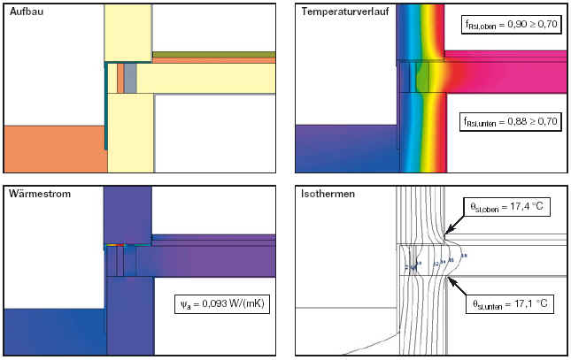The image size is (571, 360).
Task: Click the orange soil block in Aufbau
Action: click(53, 149)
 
